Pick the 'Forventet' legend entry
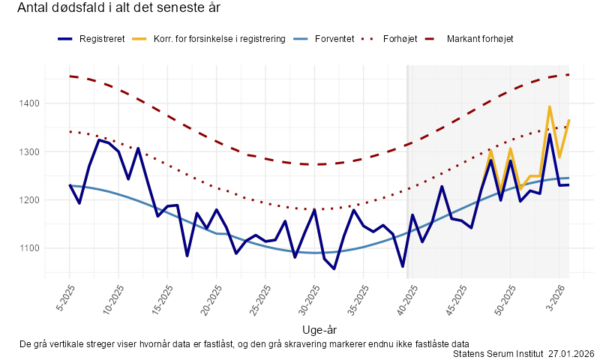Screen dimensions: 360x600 pos(334,38)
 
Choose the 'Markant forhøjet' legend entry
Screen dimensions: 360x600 pos(479,38)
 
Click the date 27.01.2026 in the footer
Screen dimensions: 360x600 pos(571,352)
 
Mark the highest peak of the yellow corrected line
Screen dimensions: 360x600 pos(550,106)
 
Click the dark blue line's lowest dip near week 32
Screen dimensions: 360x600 pos(334,268)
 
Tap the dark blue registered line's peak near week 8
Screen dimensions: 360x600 pos(99,139)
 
